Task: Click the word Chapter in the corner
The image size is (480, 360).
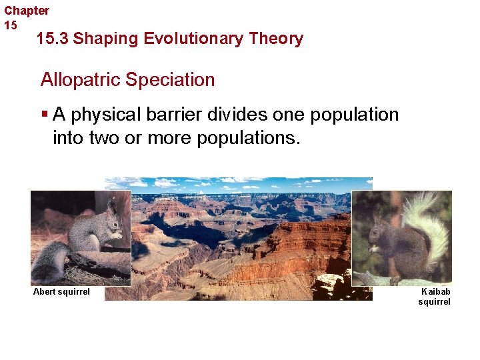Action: pos(27,11)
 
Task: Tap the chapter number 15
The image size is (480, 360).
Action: pos(11,25)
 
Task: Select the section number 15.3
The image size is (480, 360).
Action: pos(52,39)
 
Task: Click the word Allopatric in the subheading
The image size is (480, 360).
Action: pos(80,80)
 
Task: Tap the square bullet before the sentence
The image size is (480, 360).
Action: pos(45,115)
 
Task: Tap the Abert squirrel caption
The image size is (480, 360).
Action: pos(61,292)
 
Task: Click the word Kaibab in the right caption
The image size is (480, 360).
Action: pos(436,291)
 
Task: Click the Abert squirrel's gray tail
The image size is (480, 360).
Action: pos(50,260)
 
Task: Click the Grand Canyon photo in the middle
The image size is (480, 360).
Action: pos(240,240)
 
